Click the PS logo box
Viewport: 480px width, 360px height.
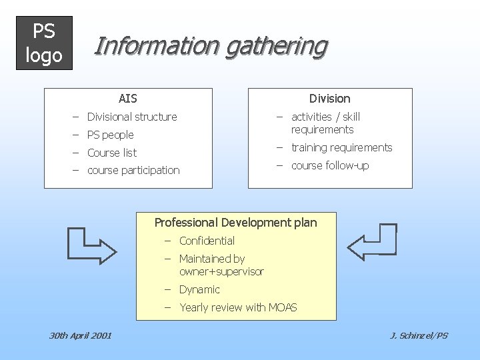click(43, 43)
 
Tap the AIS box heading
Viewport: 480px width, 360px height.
click(127, 99)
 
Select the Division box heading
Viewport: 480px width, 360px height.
click(329, 99)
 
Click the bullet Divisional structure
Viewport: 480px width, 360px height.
click(132, 117)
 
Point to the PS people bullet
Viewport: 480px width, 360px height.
click(110, 135)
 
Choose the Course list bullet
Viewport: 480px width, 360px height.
click(112, 153)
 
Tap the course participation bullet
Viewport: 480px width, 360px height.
click(133, 171)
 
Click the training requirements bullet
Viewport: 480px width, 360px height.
click(341, 147)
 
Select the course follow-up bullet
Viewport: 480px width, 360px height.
click(329, 165)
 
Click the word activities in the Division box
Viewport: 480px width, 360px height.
click(311, 117)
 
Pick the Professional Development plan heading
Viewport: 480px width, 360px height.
click(235, 223)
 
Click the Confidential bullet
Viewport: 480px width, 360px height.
click(207, 241)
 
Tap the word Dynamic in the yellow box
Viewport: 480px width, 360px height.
click(199, 289)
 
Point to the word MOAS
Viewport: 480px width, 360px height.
click(282, 307)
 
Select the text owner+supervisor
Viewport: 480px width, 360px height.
click(221, 271)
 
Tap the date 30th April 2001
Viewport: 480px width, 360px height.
click(80, 335)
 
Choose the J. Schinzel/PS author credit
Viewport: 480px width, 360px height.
click(419, 335)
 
